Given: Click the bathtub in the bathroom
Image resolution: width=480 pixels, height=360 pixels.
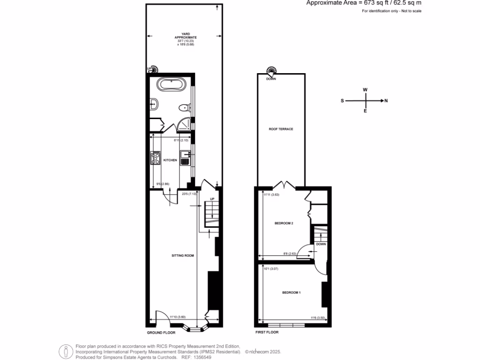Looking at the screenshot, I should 171,85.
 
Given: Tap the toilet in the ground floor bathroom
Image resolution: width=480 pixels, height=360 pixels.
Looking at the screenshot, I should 183,108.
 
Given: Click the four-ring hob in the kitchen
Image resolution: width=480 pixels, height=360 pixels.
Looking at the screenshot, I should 155,160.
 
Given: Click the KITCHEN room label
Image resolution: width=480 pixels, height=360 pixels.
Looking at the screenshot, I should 170,160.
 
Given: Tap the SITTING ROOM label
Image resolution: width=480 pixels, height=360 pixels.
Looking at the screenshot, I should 182,255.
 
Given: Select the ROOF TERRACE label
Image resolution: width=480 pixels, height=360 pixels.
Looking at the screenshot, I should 281,129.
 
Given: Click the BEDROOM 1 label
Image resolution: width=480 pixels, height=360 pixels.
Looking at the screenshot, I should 291,292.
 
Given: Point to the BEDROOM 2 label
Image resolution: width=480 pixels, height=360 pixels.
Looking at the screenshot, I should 284,223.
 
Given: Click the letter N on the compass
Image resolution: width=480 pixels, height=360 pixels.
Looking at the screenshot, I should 385,100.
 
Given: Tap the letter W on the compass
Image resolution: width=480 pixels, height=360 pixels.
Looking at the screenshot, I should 365,90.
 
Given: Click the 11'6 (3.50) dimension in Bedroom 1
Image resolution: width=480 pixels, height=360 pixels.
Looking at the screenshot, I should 317,318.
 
